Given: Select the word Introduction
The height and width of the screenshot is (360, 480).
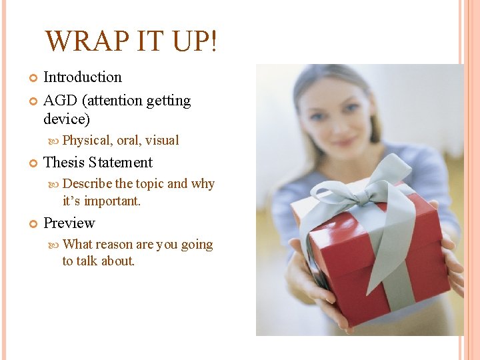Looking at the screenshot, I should (83, 77).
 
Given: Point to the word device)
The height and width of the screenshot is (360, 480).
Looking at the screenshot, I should (67, 119).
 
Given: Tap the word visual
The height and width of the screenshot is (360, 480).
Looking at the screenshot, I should (162, 140).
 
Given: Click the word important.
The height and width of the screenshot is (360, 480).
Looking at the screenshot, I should (113, 200).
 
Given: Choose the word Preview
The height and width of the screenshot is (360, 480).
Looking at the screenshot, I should (69, 223).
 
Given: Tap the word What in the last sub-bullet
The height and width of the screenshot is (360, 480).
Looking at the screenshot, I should (77, 245).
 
